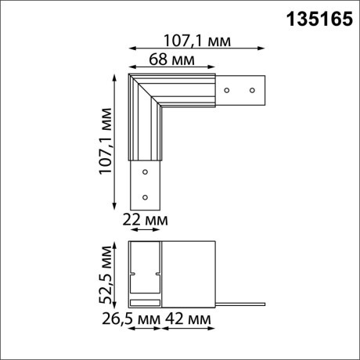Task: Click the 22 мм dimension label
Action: click(x=146, y=221)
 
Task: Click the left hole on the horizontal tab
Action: click(x=226, y=90)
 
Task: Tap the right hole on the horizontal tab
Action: click(x=253, y=90)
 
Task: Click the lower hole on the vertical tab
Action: click(x=143, y=196)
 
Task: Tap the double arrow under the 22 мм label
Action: click(x=144, y=231)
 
